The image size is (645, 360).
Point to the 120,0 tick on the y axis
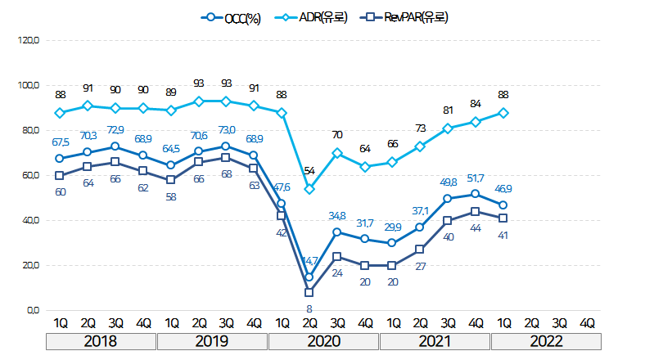pyautogui.click(x=28, y=40)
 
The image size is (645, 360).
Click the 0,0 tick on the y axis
pyautogui.click(x=31, y=311)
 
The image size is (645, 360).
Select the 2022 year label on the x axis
pyautogui.click(x=546, y=340)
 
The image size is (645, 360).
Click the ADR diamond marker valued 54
pyautogui.click(x=309, y=189)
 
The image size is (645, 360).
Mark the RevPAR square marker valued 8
pyautogui.click(x=309, y=292)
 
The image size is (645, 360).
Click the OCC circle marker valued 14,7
pyautogui.click(x=309, y=277)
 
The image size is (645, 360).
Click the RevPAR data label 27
pyautogui.click(x=421, y=267)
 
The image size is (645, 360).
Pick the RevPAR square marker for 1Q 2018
pyautogui.click(x=60, y=175)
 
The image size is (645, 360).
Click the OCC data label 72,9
pyautogui.click(x=115, y=130)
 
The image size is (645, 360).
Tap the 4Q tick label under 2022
pyautogui.click(x=587, y=322)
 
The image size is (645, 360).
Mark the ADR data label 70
pyautogui.click(x=337, y=135)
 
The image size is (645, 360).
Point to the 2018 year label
pyautogui.click(x=101, y=340)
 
